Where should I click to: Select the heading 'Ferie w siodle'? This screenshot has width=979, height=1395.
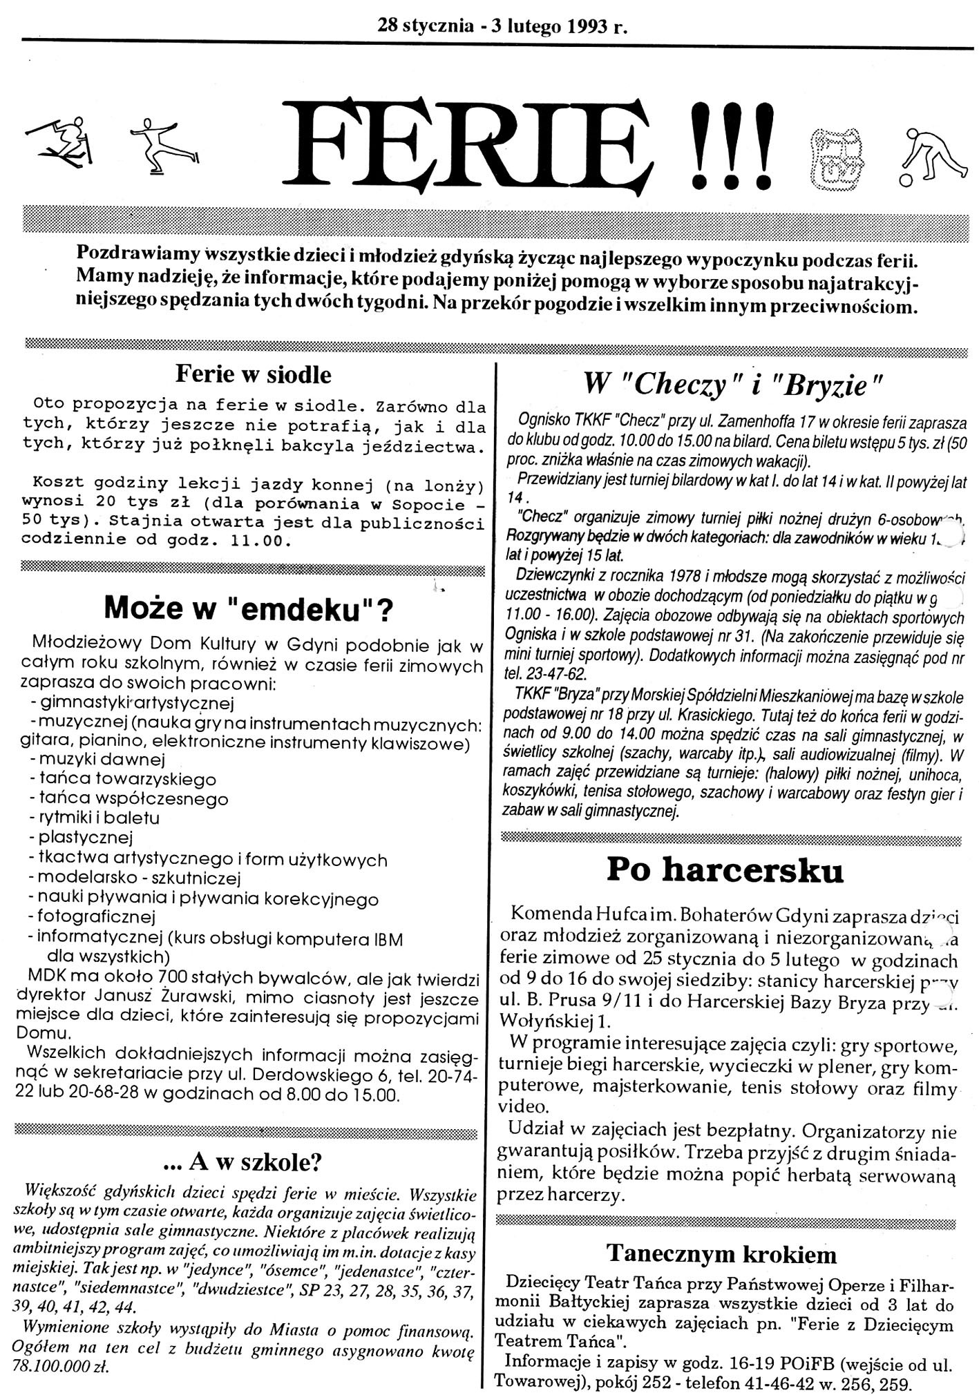pos(254,374)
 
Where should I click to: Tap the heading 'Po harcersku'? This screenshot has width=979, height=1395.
pos(725,871)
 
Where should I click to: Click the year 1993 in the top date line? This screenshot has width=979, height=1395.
pos(584,26)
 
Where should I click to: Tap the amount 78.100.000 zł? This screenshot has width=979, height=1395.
pos(63,1367)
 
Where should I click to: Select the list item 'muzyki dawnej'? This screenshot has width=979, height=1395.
pos(96,759)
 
